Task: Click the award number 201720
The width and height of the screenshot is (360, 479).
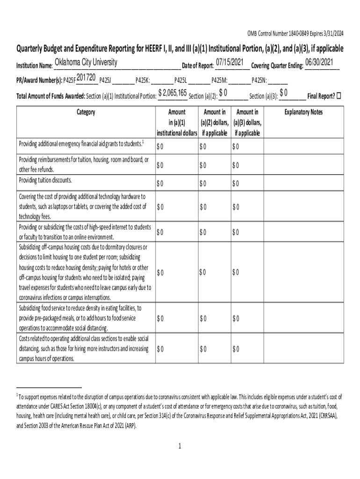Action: [x=86, y=77]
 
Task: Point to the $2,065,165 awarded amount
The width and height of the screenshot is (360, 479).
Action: [x=173, y=92]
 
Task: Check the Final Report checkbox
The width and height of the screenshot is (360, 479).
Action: [x=339, y=96]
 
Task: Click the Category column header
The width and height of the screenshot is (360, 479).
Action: [x=85, y=112]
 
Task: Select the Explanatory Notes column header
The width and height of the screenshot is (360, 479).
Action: [x=304, y=112]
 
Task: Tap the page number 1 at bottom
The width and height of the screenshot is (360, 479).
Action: [x=180, y=446]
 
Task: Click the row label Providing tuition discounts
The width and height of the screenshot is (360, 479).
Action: [x=45, y=181]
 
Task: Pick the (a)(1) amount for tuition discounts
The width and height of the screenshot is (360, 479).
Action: [x=160, y=183]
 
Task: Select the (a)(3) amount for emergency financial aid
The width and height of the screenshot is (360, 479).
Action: [x=236, y=147]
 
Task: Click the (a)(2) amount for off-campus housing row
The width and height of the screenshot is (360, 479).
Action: [x=202, y=272]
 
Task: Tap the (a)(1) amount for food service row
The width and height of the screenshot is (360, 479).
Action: [x=160, y=319]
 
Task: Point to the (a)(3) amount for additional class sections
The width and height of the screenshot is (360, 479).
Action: [x=236, y=349]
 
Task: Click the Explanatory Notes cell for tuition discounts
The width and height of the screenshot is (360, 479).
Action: [x=304, y=183]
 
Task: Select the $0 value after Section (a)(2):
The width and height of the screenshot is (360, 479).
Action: [x=223, y=92]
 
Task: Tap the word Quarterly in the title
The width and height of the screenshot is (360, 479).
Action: [x=32, y=49]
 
